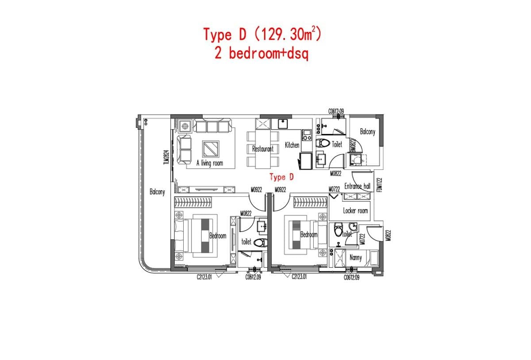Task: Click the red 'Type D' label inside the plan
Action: tap(282, 177)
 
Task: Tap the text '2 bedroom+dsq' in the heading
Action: tap(261, 54)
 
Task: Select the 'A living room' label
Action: tap(210, 163)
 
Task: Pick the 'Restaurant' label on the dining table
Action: tap(263, 149)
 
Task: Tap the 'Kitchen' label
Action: tap(292, 145)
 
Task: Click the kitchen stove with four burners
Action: tap(306, 134)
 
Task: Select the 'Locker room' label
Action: tap(355, 211)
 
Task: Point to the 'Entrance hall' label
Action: tap(357, 186)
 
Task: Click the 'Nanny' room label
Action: tap(355, 257)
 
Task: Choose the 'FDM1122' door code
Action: tap(378, 185)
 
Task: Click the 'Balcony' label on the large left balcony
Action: tap(157, 192)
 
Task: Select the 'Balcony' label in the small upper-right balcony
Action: tap(367, 132)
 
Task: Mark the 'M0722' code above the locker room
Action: tap(334, 189)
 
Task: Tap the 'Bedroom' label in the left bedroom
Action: tap(218, 236)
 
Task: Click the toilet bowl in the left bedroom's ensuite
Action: tap(261, 242)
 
